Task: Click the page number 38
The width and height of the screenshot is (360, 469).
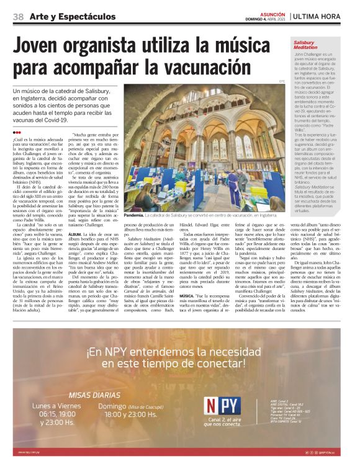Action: coord(18,16)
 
